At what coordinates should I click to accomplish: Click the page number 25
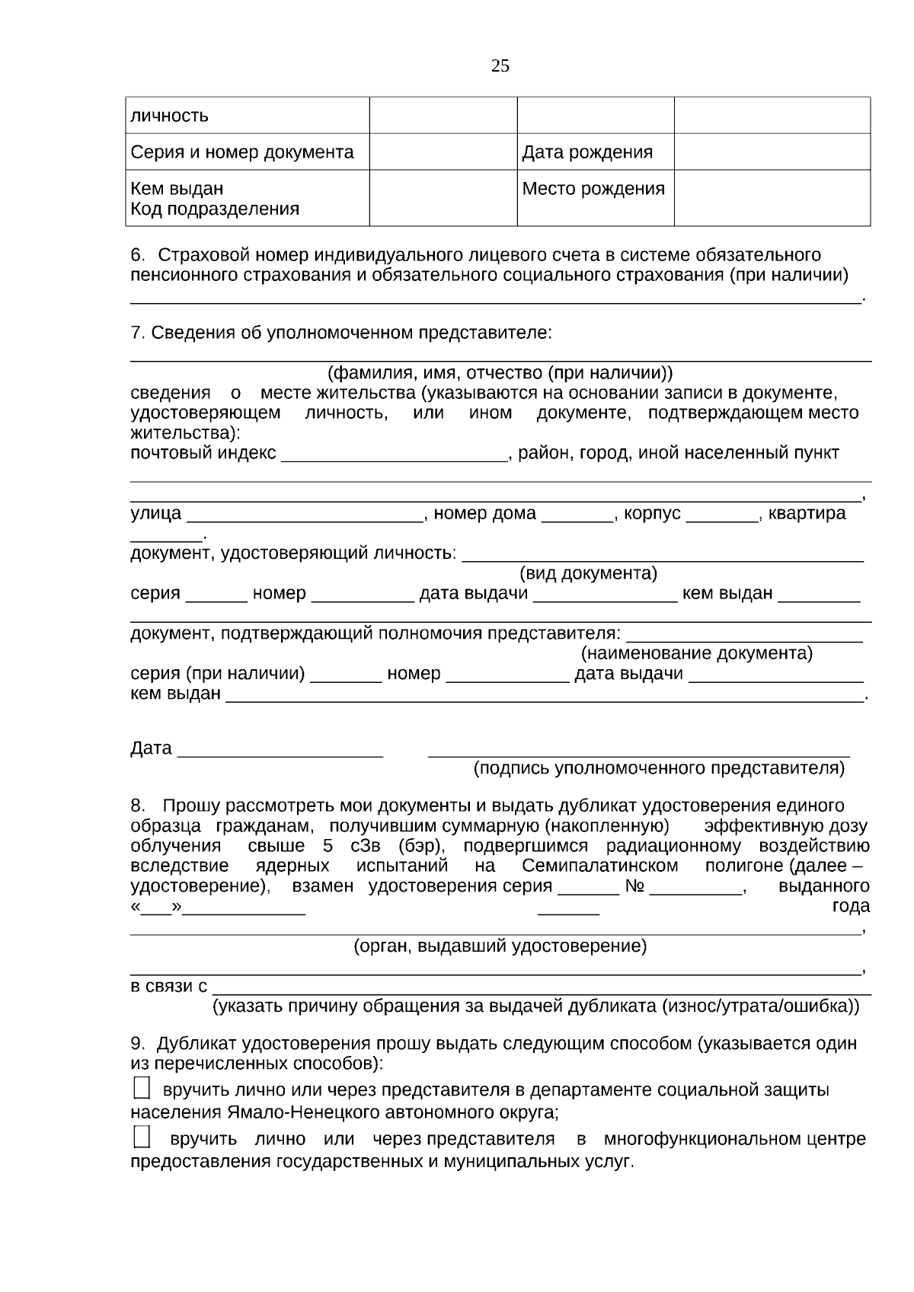point(500,66)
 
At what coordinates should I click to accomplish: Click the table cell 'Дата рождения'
point(587,152)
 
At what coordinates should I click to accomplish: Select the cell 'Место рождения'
point(593,189)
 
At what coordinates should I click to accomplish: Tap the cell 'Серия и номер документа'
point(242,152)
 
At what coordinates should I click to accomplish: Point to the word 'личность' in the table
point(169,116)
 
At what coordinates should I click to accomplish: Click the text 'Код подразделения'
point(215,209)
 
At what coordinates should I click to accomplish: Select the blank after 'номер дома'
point(577,515)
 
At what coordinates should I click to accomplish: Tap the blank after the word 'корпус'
point(721,515)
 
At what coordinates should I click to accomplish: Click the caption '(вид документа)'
point(588,573)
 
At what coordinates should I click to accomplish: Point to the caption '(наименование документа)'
point(697,653)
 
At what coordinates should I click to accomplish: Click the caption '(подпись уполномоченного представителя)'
point(659,768)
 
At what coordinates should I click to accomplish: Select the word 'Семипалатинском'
point(600,866)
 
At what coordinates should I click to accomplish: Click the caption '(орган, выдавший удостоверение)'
point(500,946)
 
